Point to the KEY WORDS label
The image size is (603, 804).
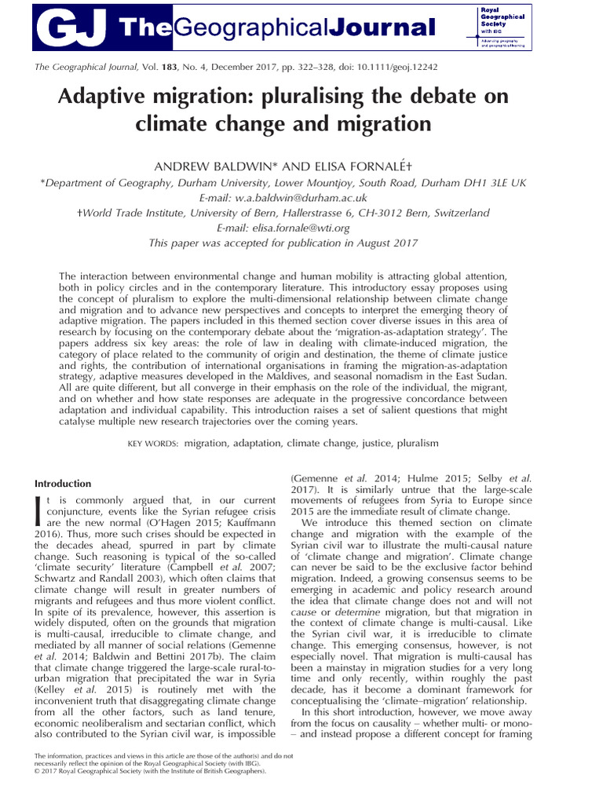[154, 444]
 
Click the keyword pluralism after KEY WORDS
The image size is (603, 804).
[411, 444]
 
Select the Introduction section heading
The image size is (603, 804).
[63, 483]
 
